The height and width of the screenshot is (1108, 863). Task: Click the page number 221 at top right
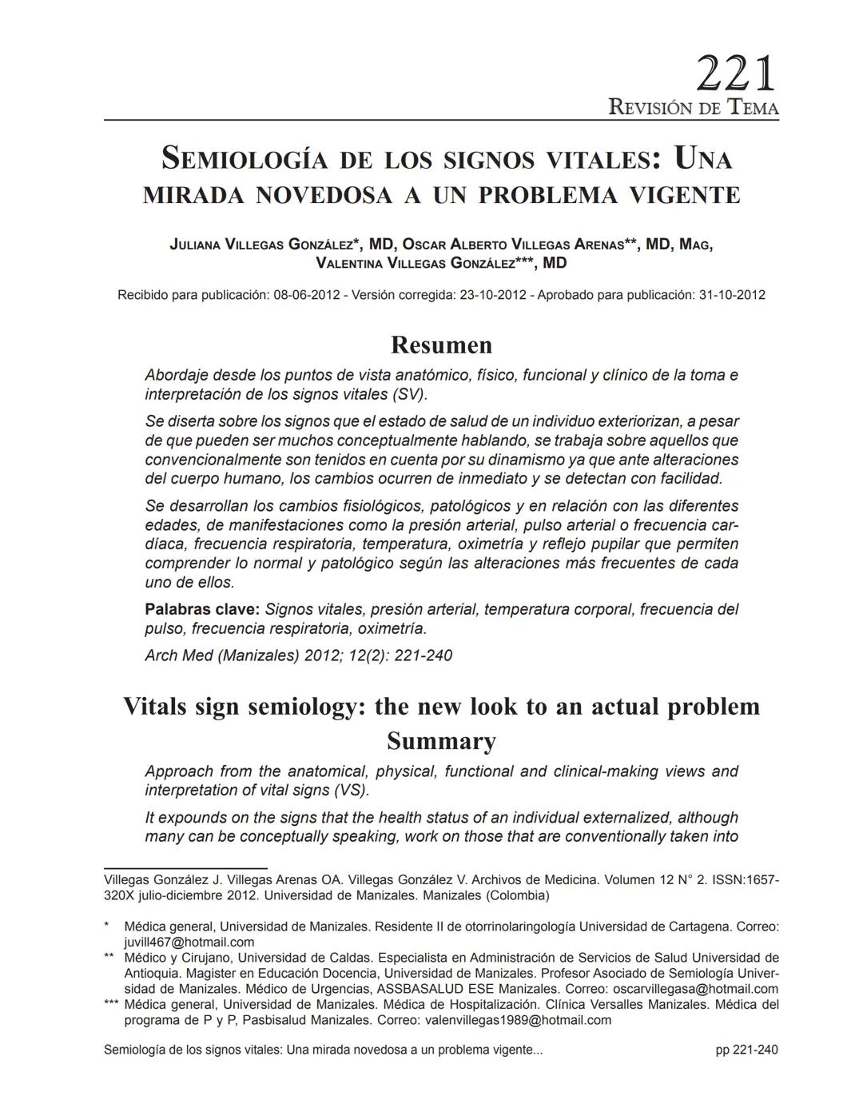[x=735, y=74]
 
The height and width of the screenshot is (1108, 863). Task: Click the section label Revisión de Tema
[x=693, y=107]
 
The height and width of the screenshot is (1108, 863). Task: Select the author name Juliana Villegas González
[x=260, y=245]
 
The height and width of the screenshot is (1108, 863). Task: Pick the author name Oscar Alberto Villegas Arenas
[x=512, y=245]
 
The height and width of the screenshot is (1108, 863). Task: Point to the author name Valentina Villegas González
[x=416, y=263]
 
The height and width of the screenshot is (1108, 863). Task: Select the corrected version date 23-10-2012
[x=492, y=295]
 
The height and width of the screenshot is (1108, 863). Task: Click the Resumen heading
[x=441, y=345]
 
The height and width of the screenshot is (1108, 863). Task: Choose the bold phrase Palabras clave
[x=202, y=609]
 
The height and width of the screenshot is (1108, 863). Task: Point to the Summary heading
[x=441, y=741]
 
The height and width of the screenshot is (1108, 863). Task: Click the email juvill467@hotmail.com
[x=189, y=942]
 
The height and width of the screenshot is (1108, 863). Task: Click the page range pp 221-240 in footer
[x=746, y=1050]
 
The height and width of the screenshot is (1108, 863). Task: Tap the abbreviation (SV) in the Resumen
[x=409, y=394]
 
